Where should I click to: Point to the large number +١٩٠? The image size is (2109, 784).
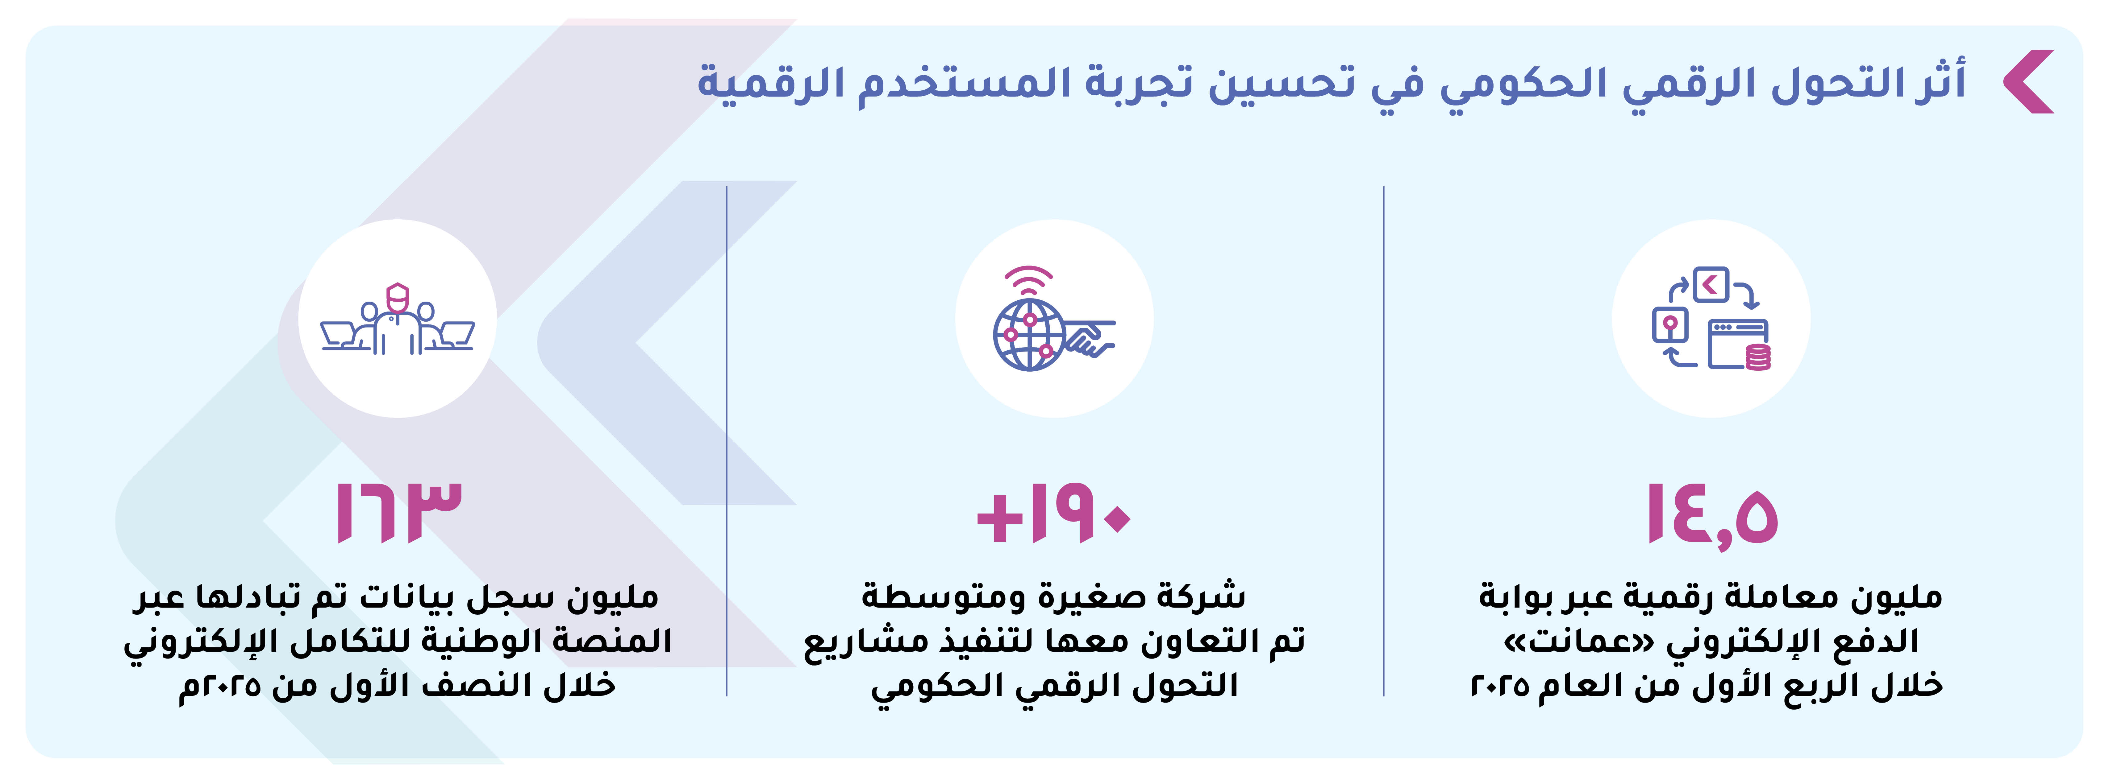pyautogui.click(x=1054, y=514)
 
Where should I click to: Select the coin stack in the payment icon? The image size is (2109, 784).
pyautogui.click(x=1759, y=358)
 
